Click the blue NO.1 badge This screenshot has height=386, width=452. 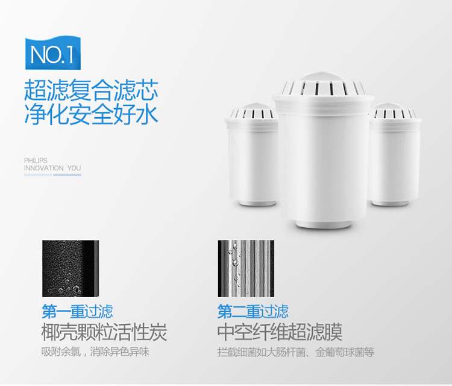[53, 53]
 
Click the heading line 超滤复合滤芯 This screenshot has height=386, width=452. [91, 90]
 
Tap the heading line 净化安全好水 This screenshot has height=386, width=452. [91, 114]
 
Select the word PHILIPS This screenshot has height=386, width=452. [36, 160]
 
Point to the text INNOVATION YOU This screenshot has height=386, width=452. [52, 168]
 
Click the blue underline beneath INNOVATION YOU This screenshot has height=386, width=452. [52, 175]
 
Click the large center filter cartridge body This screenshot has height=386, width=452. [323, 156]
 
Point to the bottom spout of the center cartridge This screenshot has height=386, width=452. [323, 224]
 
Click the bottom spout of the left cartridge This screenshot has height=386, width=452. [257, 203]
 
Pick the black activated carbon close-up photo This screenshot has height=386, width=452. [71, 268]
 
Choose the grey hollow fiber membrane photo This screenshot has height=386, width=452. [246, 268]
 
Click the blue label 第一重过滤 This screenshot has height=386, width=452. [77, 312]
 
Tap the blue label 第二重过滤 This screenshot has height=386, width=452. [253, 312]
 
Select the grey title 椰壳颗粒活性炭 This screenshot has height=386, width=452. [104, 332]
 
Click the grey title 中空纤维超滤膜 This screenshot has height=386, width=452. [280, 332]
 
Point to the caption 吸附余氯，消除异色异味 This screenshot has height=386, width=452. [95, 352]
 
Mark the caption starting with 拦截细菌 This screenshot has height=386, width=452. [296, 352]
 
